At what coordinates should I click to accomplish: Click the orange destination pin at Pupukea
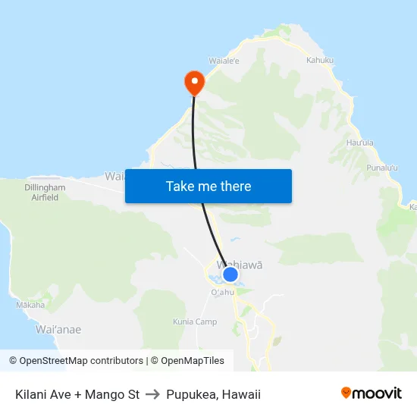tap(194, 82)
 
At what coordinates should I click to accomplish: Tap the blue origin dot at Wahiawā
tap(230, 274)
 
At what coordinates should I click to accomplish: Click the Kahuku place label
tap(320, 60)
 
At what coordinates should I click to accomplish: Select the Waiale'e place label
tap(224, 61)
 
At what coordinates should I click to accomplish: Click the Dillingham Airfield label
tap(44, 192)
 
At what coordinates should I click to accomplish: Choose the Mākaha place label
tap(30, 305)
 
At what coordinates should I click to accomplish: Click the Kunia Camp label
tap(195, 321)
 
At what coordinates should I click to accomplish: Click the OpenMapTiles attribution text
tap(190, 361)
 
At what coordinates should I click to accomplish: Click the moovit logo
tap(372, 393)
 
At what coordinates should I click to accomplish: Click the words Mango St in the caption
tap(111, 394)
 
